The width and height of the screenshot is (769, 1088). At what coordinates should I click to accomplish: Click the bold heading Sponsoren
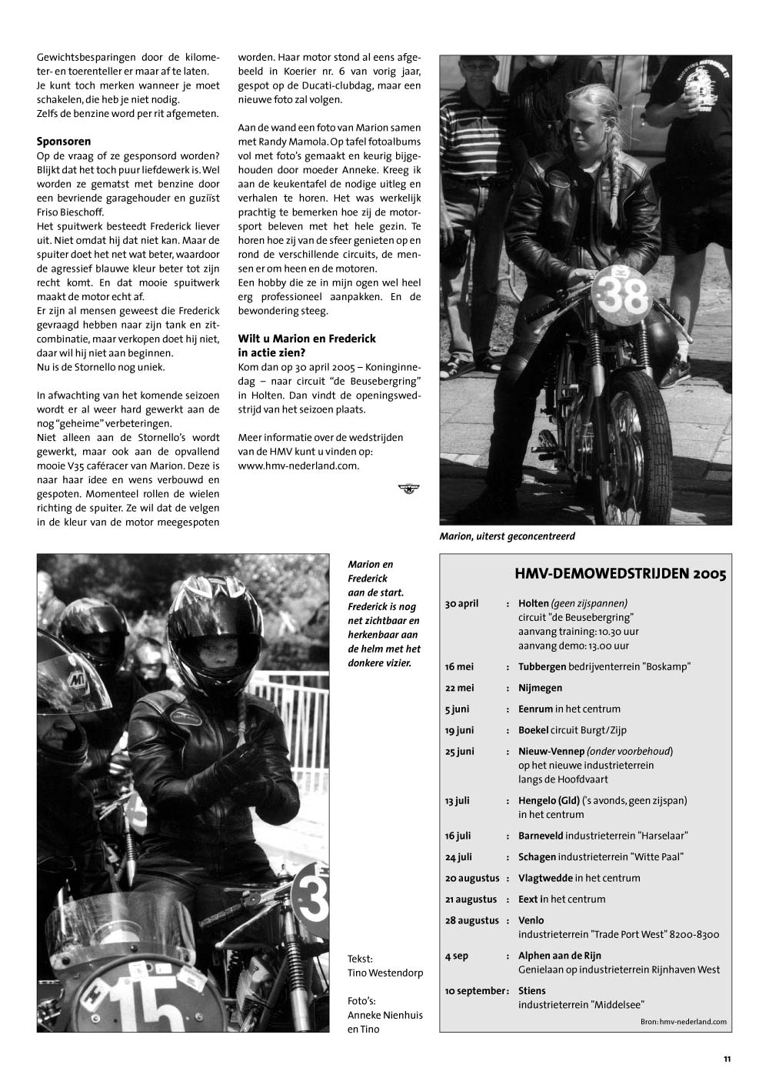(64, 142)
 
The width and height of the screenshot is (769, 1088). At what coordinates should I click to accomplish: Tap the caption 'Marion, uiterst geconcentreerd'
(508, 536)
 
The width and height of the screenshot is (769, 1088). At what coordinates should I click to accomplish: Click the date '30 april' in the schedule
(461, 603)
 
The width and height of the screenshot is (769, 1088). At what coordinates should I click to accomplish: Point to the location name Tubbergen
(542, 666)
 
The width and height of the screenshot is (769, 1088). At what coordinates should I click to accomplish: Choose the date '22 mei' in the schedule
(460, 688)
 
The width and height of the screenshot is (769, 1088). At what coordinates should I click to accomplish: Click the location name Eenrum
(535, 709)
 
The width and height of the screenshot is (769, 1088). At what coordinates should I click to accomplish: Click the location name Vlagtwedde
(544, 878)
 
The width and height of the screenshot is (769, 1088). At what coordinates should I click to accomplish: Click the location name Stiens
(531, 990)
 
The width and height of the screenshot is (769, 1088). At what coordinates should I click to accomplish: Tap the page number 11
(727, 1060)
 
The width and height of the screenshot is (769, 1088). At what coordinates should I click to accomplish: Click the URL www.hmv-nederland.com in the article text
(298, 466)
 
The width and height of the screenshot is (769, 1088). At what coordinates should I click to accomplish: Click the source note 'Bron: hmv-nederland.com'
(683, 1022)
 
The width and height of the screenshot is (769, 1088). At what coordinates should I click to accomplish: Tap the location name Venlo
(531, 920)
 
